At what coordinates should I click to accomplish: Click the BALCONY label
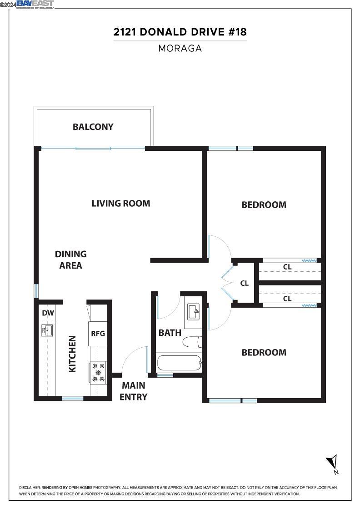coord(93,127)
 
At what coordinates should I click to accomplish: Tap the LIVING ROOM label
coord(121,203)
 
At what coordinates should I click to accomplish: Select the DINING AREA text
coord(70,259)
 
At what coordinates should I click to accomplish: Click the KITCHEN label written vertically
coord(72,354)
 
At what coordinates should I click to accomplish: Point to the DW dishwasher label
coord(48,313)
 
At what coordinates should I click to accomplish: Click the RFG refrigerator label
coord(98,333)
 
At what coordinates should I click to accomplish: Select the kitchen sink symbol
coord(47,330)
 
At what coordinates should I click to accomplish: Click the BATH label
coord(170,333)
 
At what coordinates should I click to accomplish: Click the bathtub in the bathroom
coord(179,364)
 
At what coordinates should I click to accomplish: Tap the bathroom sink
coord(193,313)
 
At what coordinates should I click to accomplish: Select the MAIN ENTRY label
coord(134,391)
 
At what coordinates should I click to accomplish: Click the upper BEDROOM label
coord(264,205)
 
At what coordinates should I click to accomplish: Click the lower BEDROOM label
coord(264,352)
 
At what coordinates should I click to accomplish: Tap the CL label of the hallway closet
coord(244,283)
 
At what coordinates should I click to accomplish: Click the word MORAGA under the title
coord(180,48)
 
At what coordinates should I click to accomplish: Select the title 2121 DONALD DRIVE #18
coord(180,32)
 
